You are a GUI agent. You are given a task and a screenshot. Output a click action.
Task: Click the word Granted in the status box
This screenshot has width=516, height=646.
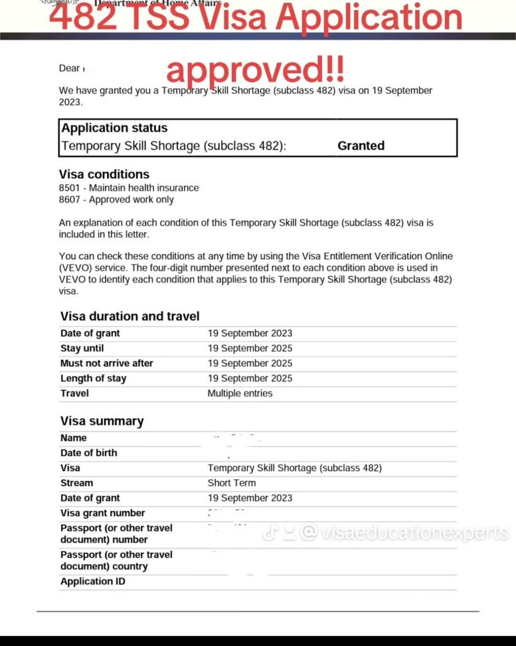click(360, 146)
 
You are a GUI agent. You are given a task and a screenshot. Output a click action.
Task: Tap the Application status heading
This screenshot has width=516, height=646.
click(114, 128)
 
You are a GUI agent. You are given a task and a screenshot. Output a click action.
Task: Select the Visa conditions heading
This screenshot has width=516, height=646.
click(104, 174)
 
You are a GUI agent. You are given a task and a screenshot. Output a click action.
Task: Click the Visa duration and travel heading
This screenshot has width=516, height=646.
click(130, 317)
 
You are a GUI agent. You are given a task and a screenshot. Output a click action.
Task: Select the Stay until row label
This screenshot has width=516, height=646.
click(82, 348)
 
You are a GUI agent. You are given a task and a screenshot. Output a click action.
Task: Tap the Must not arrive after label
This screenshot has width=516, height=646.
click(106, 363)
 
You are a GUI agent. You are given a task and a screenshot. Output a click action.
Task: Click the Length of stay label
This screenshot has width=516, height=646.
click(93, 379)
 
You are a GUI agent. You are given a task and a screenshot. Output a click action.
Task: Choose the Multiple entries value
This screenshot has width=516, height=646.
click(240, 394)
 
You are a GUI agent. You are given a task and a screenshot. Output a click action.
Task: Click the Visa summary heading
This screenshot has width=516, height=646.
click(102, 421)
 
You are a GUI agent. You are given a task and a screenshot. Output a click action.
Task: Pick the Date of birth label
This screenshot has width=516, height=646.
click(89, 453)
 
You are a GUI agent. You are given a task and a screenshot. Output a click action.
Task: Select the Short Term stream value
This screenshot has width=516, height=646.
click(232, 483)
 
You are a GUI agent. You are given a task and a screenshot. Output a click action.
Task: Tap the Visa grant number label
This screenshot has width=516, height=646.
click(103, 514)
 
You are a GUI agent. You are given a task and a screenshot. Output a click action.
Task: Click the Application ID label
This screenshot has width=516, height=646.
click(93, 582)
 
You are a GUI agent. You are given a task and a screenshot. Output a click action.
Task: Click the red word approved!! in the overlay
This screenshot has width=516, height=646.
click(255, 70)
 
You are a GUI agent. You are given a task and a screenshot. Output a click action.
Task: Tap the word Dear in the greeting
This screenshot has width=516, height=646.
click(69, 68)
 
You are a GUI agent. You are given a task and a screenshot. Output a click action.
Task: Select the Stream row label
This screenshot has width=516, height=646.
click(77, 483)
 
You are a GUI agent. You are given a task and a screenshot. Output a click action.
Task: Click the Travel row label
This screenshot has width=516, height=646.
click(74, 394)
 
